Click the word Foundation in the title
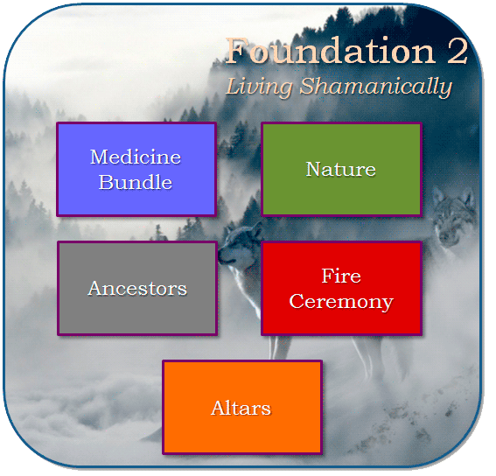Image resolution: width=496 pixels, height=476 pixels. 331,51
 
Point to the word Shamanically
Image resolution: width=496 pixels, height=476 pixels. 376,87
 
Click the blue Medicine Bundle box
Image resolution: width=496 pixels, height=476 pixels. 136,170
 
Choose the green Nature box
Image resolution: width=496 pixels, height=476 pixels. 342,170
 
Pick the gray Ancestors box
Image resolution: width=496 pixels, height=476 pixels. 137,289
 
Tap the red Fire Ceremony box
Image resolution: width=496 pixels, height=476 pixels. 342,289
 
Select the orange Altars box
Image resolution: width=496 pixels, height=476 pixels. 242,408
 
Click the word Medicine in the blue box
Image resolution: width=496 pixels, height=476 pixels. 136,157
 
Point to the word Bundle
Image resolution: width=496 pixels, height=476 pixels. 136,182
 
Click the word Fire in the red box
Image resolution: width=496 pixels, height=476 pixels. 341,276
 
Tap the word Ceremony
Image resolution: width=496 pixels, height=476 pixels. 341,301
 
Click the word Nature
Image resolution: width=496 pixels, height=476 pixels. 340,169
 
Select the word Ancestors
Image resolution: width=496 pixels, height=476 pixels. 137,289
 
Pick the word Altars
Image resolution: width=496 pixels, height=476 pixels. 241,408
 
